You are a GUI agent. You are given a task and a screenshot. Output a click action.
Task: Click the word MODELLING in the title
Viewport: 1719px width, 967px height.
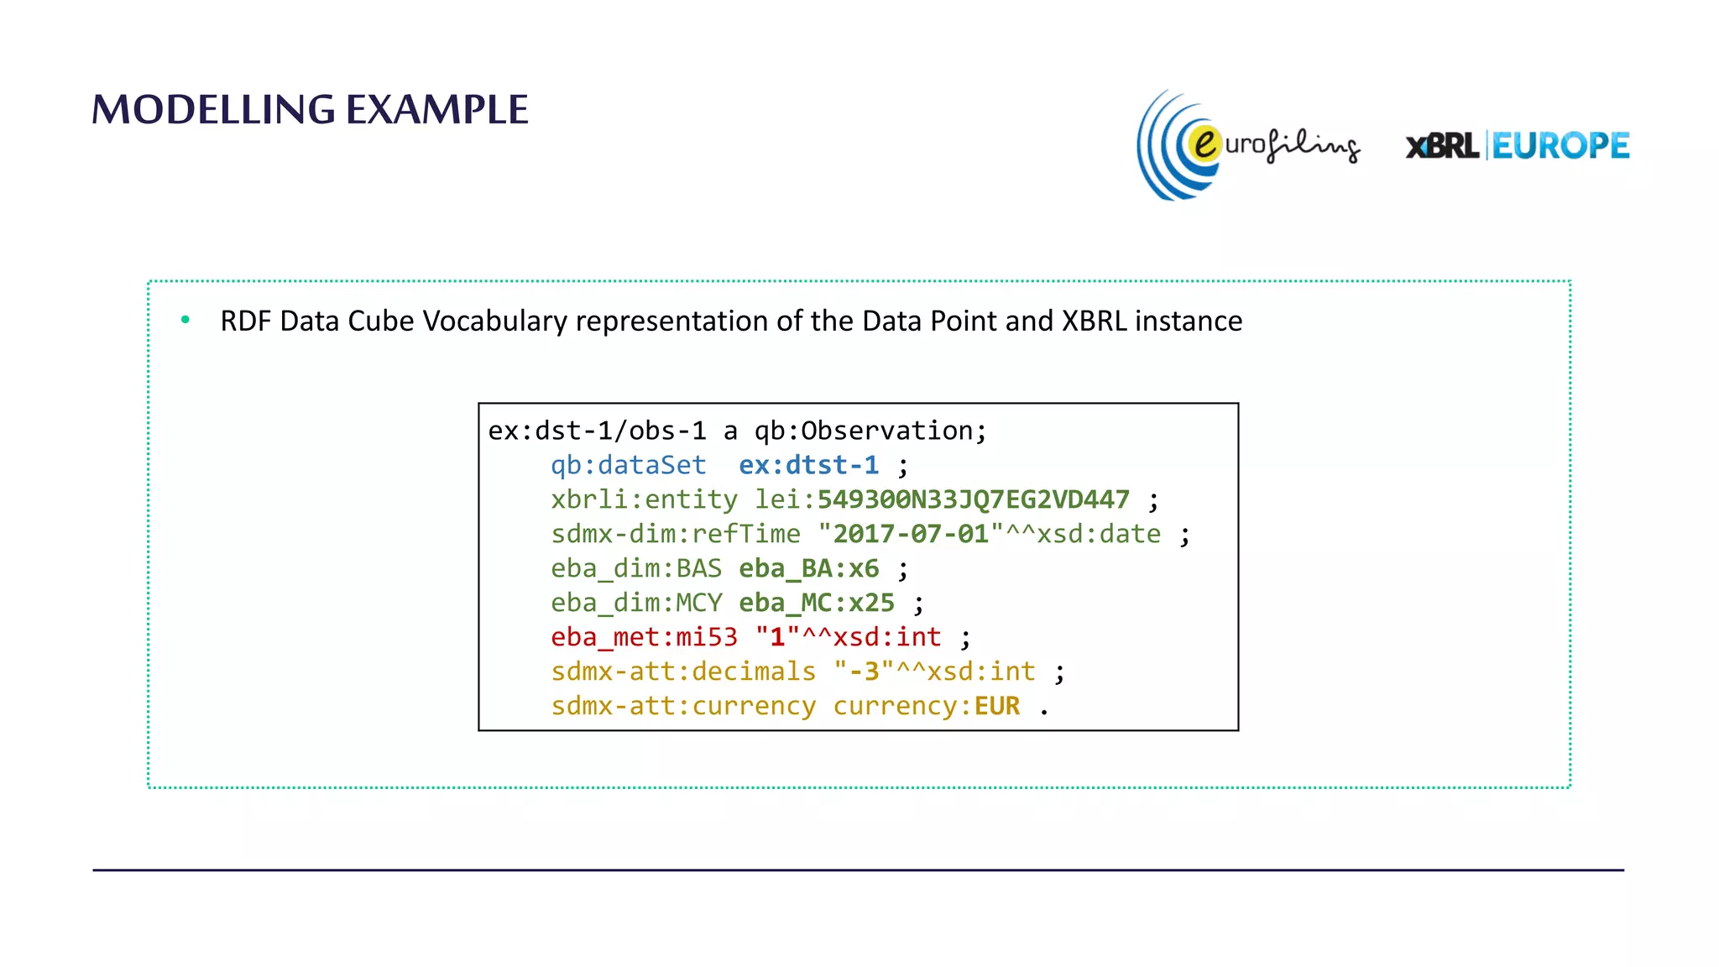(x=213, y=110)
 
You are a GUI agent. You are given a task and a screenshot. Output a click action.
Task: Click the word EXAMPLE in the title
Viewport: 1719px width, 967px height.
(x=436, y=110)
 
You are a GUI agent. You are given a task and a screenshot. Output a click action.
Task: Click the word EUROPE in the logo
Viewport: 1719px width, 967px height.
(x=1560, y=146)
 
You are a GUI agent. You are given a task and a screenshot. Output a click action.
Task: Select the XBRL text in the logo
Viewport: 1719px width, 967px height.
(x=1442, y=146)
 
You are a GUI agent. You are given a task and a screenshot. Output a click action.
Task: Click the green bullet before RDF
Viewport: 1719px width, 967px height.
(x=185, y=320)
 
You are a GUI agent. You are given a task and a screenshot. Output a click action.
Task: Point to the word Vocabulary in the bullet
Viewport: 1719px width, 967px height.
(x=494, y=321)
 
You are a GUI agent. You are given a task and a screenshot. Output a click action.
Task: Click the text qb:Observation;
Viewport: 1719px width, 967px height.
(x=870, y=431)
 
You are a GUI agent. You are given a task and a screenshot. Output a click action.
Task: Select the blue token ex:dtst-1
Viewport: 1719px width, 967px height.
(x=808, y=465)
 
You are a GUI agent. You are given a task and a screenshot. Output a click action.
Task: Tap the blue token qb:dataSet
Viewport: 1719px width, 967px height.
(x=628, y=465)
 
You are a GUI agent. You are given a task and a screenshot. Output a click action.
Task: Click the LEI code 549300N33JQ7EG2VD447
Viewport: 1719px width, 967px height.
(x=973, y=499)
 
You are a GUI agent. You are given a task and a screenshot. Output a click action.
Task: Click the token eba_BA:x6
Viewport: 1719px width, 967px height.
(x=808, y=568)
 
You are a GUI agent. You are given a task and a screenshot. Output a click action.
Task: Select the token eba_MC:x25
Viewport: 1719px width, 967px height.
(x=816, y=603)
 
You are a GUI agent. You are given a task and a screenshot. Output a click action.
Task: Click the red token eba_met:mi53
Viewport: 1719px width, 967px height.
(x=644, y=637)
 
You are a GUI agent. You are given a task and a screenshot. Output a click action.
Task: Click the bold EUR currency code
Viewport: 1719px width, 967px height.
(x=996, y=706)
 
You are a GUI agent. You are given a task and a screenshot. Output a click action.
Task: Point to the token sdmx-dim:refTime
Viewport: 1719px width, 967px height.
(x=676, y=534)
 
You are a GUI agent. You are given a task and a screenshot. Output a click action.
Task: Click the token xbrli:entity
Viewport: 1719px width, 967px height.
(x=644, y=499)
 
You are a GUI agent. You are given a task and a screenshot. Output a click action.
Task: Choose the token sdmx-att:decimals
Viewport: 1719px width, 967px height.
(x=682, y=672)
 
